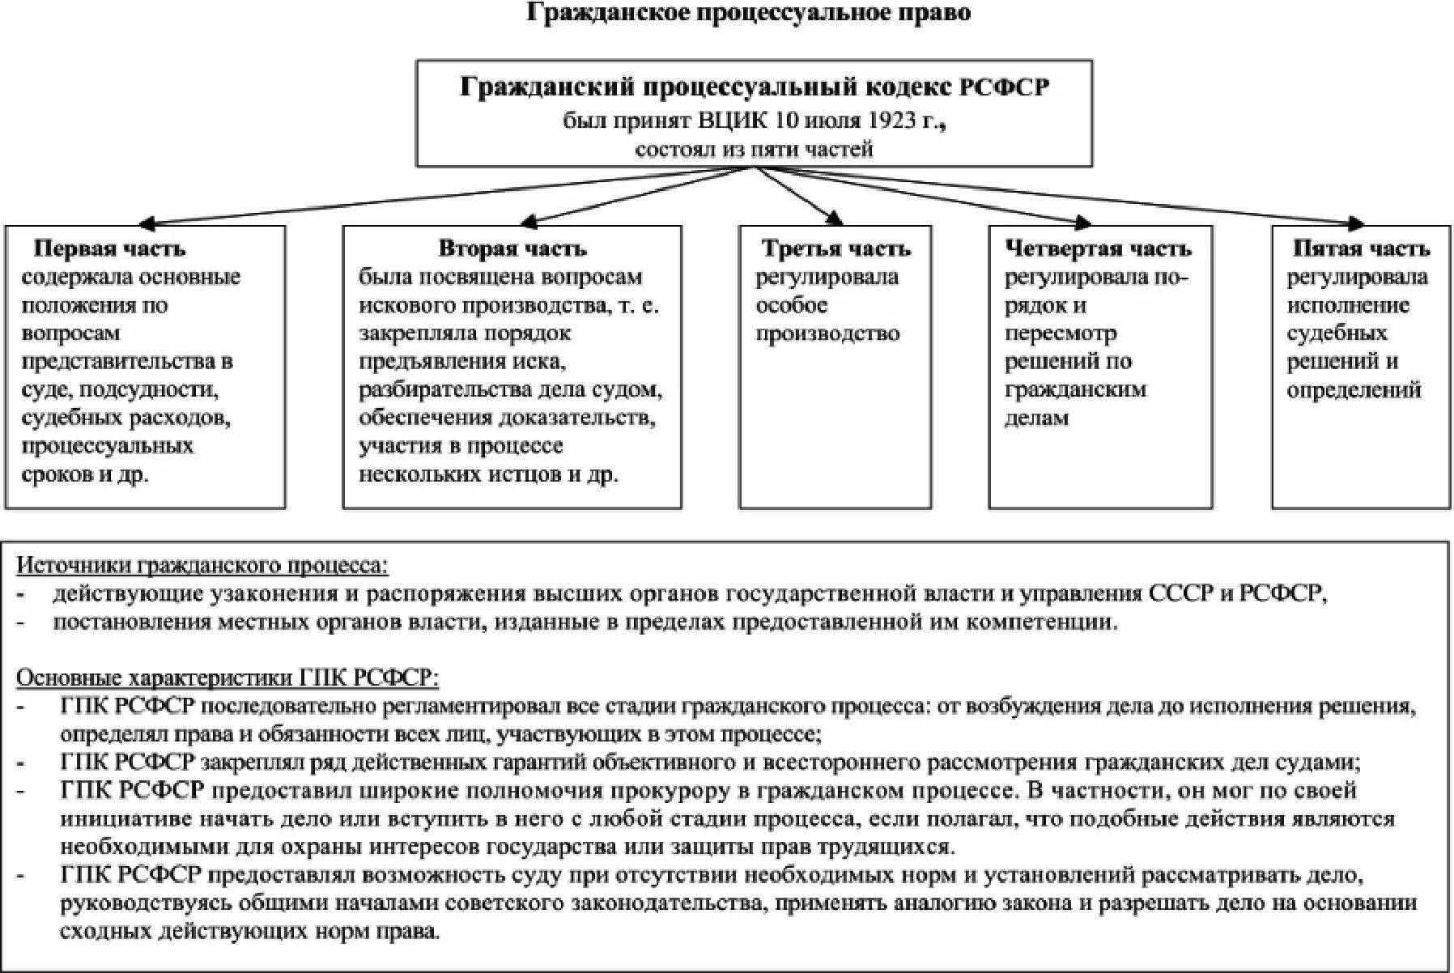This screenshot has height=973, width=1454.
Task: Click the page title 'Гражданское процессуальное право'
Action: pyautogui.click(x=748, y=13)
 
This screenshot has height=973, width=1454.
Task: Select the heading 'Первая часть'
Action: pyautogui.click(x=109, y=249)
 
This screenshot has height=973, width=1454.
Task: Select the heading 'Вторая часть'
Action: pyautogui.click(x=512, y=249)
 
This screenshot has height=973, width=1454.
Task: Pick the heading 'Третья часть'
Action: pyautogui.click(x=836, y=249)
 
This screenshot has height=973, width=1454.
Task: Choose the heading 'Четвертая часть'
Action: pyautogui.click(x=1098, y=249)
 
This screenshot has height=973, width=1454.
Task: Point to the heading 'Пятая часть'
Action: pyautogui.click(x=1361, y=249)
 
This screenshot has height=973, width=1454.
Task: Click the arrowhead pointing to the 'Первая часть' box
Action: pyautogui.click(x=148, y=223)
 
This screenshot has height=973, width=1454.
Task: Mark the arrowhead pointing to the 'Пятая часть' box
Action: pyautogui.click(x=1356, y=224)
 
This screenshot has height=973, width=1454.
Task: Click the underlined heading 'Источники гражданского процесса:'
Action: pyautogui.click(x=202, y=565)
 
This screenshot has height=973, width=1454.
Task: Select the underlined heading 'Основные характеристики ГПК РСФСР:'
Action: pyautogui.click(x=227, y=677)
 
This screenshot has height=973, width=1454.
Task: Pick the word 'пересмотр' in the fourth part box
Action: pyautogui.click(x=1060, y=334)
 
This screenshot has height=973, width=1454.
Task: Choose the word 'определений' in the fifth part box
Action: pyautogui.click(x=1354, y=390)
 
